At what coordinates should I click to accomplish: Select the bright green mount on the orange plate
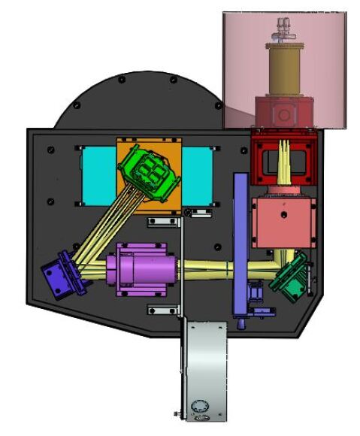(x=150, y=173)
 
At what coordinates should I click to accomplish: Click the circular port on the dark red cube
(x=285, y=114)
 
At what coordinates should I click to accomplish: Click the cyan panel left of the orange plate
(x=98, y=174)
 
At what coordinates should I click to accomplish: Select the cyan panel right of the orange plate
(x=197, y=174)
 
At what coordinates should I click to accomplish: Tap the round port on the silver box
(x=199, y=406)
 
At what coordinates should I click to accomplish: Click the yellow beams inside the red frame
(x=286, y=162)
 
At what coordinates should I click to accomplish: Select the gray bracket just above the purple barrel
(x=161, y=222)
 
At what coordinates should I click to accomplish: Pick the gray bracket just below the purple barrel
(x=159, y=310)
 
